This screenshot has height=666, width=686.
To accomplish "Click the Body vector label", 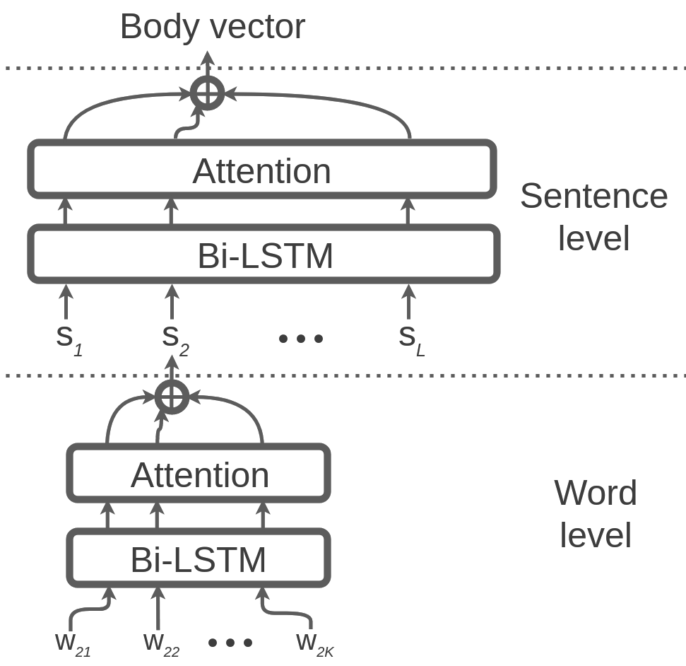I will point(212,27).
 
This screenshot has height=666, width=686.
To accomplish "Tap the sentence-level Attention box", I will point(261,170).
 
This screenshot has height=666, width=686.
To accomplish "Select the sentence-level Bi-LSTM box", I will point(264,255).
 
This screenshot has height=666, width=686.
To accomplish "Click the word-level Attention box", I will point(199,474).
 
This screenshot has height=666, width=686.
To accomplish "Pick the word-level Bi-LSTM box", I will point(199,559).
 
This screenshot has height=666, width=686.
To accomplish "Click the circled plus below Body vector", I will point(208,93).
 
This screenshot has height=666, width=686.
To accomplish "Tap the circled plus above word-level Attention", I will point(172,397).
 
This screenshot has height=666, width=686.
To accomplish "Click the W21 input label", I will point(71,644).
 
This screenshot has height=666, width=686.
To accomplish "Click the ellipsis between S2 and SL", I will point(301,339).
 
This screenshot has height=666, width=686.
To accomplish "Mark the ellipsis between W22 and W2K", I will point(230,643).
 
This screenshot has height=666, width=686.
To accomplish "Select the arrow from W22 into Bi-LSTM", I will point(158,608).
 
